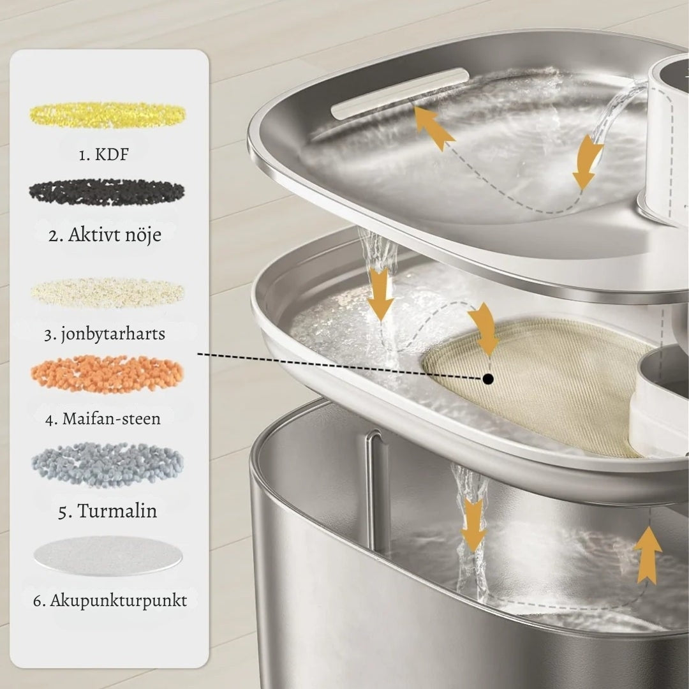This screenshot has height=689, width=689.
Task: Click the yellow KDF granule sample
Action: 108,114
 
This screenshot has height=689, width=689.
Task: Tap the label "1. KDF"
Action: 104,154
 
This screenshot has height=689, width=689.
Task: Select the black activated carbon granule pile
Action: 107,192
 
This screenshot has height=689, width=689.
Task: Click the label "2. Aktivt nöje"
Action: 105,235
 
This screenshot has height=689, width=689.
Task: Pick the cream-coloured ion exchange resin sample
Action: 108,292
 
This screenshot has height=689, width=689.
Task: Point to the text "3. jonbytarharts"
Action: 105,334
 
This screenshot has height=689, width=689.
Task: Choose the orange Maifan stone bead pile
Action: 107,374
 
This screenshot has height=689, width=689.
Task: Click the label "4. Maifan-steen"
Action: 103,419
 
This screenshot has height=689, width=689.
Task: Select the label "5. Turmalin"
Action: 107,511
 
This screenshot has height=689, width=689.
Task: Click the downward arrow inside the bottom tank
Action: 473,525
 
